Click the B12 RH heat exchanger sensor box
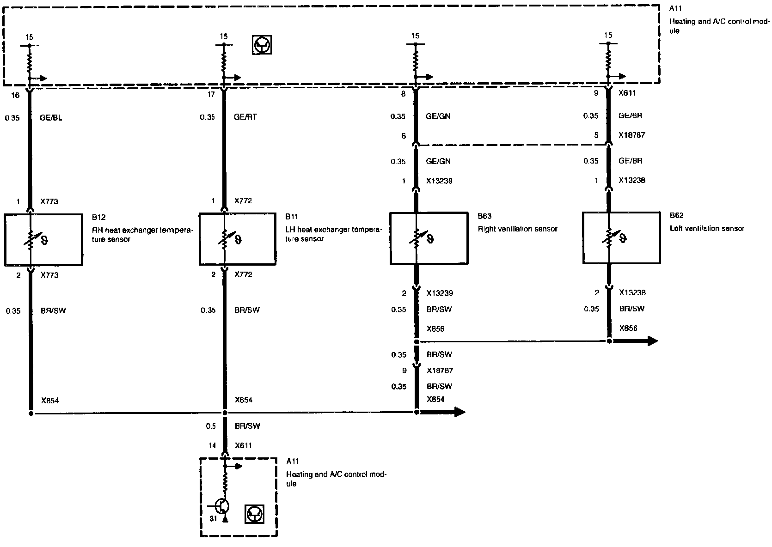pos(43,239)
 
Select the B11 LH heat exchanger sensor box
pos(238,239)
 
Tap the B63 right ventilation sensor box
pos(429,238)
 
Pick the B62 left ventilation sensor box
pos(621,238)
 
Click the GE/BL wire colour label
pos(51,118)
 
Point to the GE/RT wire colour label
pos(245,117)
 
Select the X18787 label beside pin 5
pos(632,135)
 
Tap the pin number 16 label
pos(15,95)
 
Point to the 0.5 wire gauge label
pos(211,426)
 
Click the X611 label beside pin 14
pos(243,446)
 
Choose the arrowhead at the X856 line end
pos(652,341)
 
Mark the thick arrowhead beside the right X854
pos(460,412)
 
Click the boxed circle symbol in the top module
pos(262,45)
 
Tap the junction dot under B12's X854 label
pos(31,413)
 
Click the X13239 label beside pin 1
pos(439,181)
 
